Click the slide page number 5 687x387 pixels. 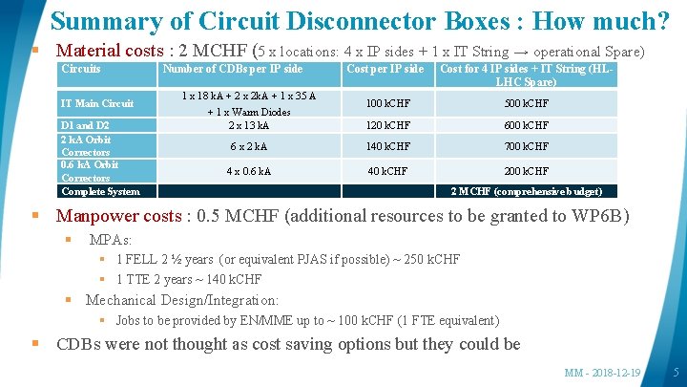(676, 372)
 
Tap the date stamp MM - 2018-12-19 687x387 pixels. (602, 372)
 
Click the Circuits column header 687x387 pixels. (81, 69)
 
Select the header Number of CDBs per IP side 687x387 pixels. (233, 69)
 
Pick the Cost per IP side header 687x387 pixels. (385, 69)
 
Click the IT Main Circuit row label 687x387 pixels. (97, 103)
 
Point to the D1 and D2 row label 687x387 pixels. (85, 125)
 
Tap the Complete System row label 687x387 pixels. (100, 191)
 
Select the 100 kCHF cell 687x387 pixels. (385, 103)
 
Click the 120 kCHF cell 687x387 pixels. (385, 125)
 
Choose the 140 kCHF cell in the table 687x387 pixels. (385, 146)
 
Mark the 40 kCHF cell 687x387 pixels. (385, 171)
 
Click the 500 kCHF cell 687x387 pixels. (526, 103)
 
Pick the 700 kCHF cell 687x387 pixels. (526, 146)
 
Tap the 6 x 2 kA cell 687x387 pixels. (248, 146)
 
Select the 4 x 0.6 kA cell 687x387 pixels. (248, 171)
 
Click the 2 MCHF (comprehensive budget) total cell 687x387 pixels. (526, 191)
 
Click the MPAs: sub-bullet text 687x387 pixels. (110, 239)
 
